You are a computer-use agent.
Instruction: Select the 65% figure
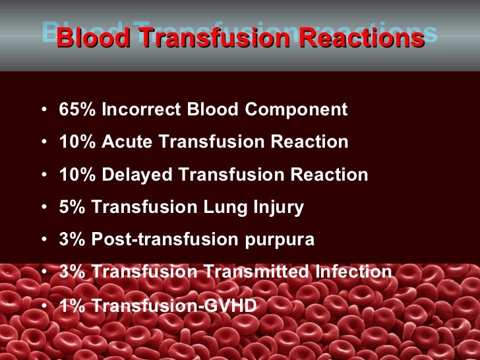[x=77, y=109]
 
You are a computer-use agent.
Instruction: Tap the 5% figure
[x=72, y=207]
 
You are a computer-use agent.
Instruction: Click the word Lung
[x=222, y=207]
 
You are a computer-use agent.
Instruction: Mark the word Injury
[x=278, y=207]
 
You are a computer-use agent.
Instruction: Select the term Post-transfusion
[x=162, y=239]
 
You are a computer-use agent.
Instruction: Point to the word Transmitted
[x=254, y=272]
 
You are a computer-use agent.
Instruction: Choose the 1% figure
[x=72, y=305]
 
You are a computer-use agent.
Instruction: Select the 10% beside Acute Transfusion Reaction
[x=77, y=142]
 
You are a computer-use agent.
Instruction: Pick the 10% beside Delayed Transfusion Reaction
[x=77, y=175]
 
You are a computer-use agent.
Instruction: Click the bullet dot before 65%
[x=44, y=110]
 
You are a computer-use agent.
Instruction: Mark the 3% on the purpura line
[x=72, y=239]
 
